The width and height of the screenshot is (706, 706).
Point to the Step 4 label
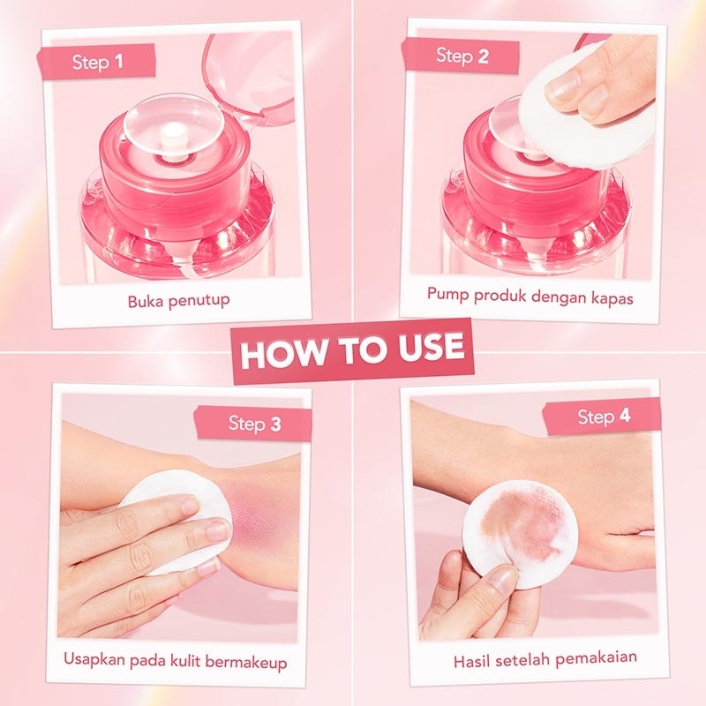pos(604,416)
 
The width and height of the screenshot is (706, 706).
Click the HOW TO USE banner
pos(352,349)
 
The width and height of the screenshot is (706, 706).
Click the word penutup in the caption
pos(199,300)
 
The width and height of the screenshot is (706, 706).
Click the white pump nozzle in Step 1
pos(177,134)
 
